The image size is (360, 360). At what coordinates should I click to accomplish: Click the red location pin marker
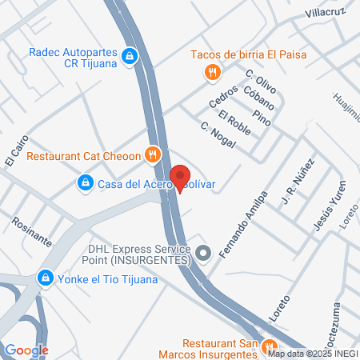180,177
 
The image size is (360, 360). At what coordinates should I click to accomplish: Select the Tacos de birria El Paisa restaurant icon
211,73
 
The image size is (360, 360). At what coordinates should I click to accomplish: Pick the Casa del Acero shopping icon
85,184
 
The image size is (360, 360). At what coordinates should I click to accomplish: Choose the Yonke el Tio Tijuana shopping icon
44,279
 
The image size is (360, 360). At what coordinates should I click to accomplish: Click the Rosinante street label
32,230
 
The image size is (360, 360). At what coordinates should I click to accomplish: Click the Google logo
26,350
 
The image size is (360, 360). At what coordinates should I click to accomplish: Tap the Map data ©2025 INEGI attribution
311,354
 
